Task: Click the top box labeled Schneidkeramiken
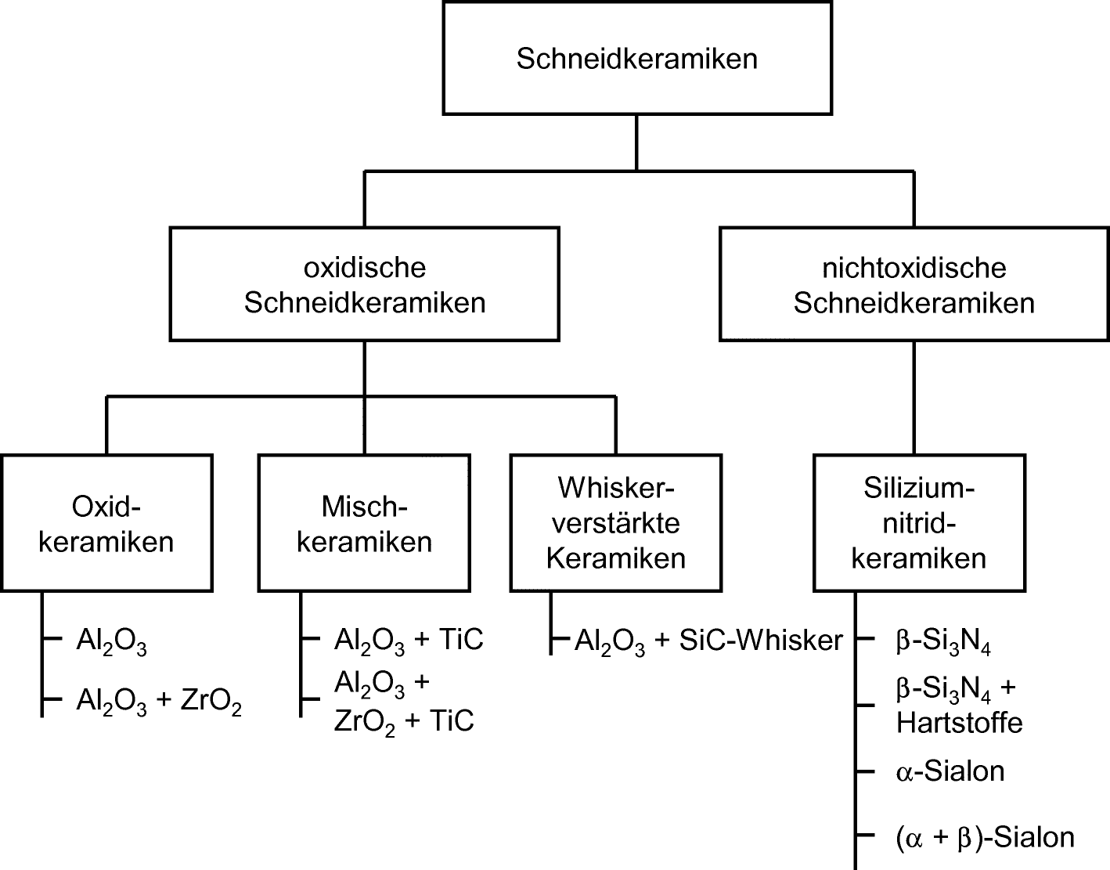pyautogui.click(x=636, y=59)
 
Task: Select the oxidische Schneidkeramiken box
pyautogui.click(x=365, y=284)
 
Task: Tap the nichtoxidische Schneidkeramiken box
pyautogui.click(x=914, y=284)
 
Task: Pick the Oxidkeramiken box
pyautogui.click(x=106, y=524)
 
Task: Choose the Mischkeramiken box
pyautogui.click(x=365, y=524)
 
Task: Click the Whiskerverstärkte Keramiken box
pyautogui.click(x=616, y=523)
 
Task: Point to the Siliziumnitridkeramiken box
pyautogui.click(x=919, y=523)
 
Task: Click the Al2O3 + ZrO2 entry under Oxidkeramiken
pyautogui.click(x=159, y=702)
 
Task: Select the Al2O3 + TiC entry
pyautogui.click(x=409, y=641)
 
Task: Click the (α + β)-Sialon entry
pyautogui.click(x=985, y=837)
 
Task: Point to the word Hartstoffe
pyautogui.click(x=960, y=723)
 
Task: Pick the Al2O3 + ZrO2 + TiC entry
pyautogui.click(x=404, y=702)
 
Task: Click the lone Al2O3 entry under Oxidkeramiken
pyautogui.click(x=111, y=641)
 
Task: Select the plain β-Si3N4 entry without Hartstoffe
pyautogui.click(x=944, y=641)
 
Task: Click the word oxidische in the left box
pyautogui.click(x=365, y=268)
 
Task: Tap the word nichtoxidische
pyautogui.click(x=914, y=268)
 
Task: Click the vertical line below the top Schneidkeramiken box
pyautogui.click(x=636, y=143)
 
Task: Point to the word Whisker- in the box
pyautogui.click(x=616, y=488)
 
